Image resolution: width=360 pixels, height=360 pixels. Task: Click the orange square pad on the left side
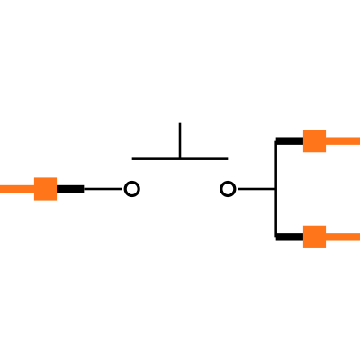(45, 189)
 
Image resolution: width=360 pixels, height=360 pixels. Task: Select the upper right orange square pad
(314, 141)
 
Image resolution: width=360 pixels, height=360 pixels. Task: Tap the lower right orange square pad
(314, 237)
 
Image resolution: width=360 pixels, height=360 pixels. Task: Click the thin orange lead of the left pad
(16, 189)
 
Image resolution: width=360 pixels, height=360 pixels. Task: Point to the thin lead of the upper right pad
(343, 140)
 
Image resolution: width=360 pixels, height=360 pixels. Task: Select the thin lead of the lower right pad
(343, 237)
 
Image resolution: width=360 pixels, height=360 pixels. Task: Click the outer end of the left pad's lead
(2, 189)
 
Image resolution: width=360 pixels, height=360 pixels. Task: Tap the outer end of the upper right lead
(357, 140)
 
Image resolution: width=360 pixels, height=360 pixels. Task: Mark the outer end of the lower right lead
(357, 237)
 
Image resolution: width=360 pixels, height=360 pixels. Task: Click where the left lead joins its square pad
(34, 189)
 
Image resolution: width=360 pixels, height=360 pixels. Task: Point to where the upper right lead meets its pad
(326, 140)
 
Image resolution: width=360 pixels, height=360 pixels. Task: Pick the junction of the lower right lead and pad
(326, 237)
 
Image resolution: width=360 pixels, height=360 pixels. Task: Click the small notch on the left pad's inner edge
(56, 189)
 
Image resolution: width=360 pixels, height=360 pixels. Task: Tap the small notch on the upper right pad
(304, 141)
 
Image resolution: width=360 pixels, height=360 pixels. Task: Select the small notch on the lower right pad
(304, 237)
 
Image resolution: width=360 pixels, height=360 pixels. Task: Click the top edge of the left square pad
(45, 178)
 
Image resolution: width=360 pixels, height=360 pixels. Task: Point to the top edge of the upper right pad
(314, 130)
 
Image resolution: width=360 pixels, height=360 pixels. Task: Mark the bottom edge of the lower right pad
(314, 247)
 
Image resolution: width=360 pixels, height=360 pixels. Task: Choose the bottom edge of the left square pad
(45, 200)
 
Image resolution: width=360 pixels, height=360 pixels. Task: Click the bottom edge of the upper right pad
(314, 152)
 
